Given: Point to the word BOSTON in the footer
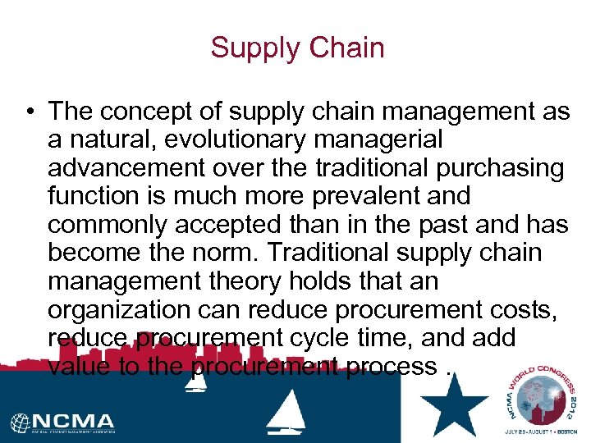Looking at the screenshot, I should coord(566,432).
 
